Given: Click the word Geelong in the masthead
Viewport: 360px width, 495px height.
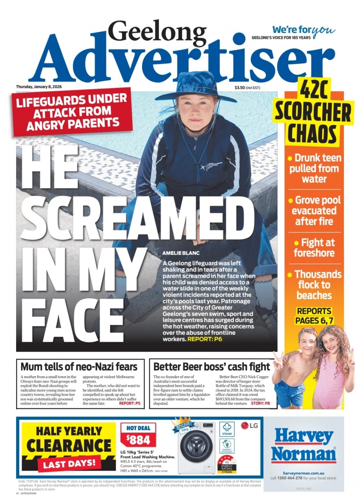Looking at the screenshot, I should click(x=157, y=34).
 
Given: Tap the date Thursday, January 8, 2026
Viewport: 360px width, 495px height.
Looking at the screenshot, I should click(x=39, y=87).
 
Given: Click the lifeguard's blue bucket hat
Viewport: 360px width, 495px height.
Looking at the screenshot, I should click(x=196, y=87).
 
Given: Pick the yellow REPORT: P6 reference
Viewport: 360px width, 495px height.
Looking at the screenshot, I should click(x=205, y=340).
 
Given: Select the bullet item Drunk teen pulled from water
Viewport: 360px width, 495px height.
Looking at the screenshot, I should click(x=314, y=169).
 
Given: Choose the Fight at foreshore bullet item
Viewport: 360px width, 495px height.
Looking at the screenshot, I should click(x=314, y=247).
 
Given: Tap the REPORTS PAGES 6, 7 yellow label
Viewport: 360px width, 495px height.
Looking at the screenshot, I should click(x=315, y=316).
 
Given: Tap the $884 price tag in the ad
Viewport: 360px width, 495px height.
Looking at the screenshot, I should click(x=138, y=439).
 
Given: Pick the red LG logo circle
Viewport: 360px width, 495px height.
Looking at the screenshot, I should click(x=245, y=425).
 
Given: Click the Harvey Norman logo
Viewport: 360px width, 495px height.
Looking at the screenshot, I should click(x=303, y=445).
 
